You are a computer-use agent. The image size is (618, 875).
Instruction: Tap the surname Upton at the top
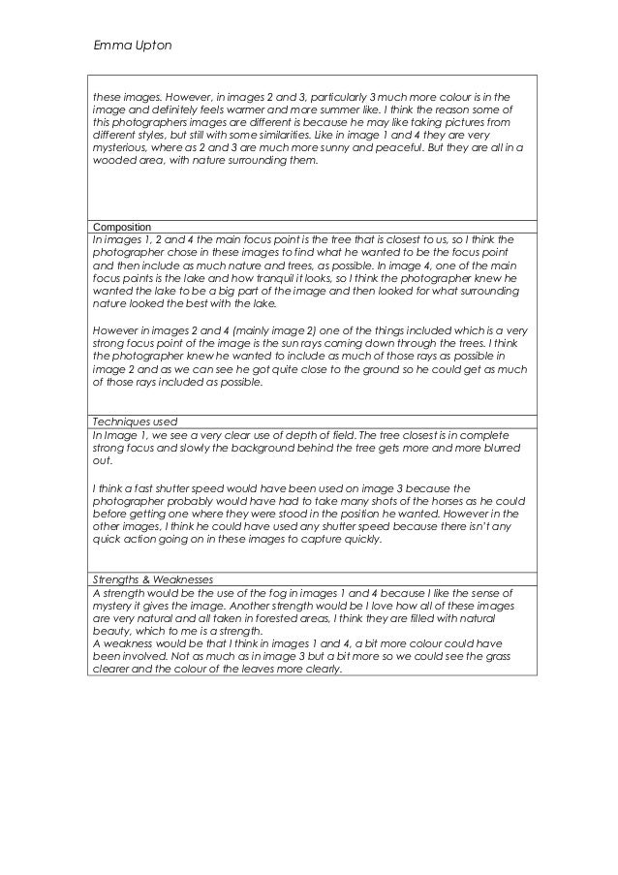(x=151, y=45)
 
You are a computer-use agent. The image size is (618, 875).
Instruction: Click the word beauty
(x=112, y=630)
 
